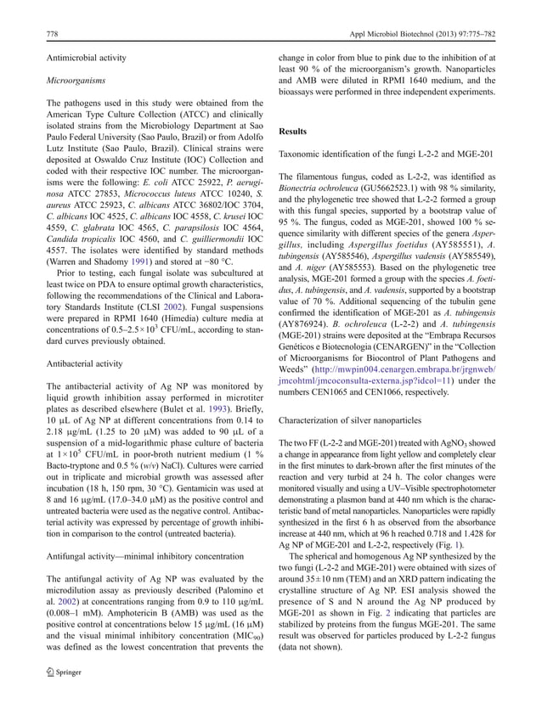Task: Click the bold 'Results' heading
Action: tap(295, 132)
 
